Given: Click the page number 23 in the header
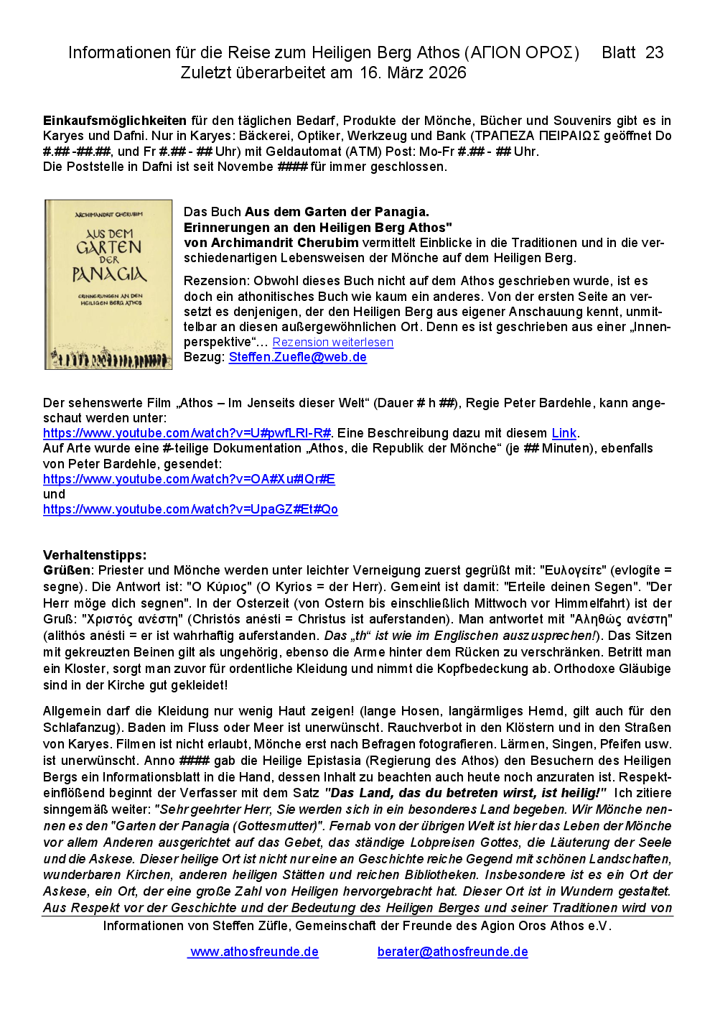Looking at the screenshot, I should (x=654, y=52).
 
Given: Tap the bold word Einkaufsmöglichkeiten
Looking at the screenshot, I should (x=115, y=121).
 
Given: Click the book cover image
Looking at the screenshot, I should (x=108, y=284).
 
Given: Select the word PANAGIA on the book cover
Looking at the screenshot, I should (x=109, y=274).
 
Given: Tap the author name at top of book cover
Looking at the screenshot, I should (x=109, y=214).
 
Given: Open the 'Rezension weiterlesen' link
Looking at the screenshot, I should (x=332, y=343).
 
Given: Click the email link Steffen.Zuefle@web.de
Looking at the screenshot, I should (x=297, y=357).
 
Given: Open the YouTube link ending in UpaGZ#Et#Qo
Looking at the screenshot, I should (x=190, y=509).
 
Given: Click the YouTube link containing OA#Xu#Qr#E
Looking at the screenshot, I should (x=189, y=479).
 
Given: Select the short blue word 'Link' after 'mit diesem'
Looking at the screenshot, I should (x=564, y=433).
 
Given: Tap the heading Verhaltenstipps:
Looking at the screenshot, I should (x=95, y=555).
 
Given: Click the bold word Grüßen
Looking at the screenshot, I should (x=67, y=570).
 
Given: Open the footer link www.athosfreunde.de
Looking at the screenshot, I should (x=254, y=952).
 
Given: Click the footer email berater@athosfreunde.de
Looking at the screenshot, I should (x=452, y=952).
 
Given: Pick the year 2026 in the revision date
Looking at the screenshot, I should (x=447, y=73).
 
